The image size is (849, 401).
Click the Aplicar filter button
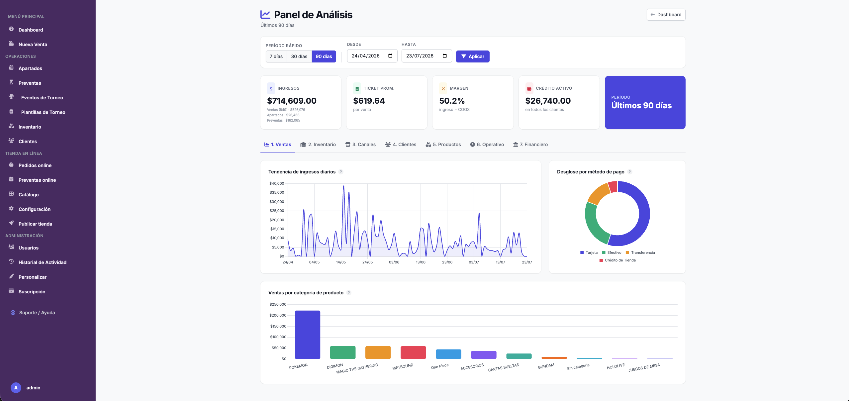tap(472, 56)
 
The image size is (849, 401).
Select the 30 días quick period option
tap(299, 56)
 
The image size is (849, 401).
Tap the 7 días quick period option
tap(276, 56)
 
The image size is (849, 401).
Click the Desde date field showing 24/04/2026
tap(372, 56)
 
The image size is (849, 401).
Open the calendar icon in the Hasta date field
tap(445, 56)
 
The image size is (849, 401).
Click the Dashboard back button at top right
tap(666, 15)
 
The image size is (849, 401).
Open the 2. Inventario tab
tap(318, 145)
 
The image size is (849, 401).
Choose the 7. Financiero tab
tap(530, 145)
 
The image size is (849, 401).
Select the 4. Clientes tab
tap(401, 145)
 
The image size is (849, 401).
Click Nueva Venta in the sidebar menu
tap(33, 45)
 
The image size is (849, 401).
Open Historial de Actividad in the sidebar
tap(42, 262)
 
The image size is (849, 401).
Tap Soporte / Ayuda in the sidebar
tap(37, 313)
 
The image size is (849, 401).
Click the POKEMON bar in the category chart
tap(308, 335)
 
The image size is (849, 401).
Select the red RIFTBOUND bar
tap(413, 352)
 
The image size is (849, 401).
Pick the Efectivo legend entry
tap(612, 252)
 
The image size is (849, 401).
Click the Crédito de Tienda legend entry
tap(617, 260)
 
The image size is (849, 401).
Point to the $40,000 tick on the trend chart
tap(277, 183)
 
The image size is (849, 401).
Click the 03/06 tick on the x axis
tap(394, 262)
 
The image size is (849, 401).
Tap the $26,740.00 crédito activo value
tap(548, 101)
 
